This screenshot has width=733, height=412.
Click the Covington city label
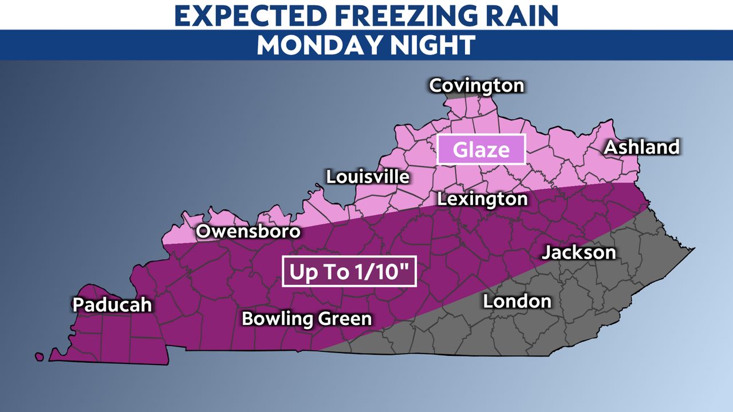click(x=476, y=86)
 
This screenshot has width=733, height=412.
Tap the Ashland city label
click(x=641, y=147)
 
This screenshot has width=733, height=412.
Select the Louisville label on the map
click(x=368, y=177)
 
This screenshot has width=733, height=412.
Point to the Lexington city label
click(x=482, y=199)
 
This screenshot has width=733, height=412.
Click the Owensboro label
click(x=248, y=232)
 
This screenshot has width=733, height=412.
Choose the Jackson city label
click(x=579, y=252)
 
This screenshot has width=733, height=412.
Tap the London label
click(x=517, y=301)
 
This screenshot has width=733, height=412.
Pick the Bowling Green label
click(x=307, y=319)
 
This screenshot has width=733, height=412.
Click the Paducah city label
click(x=112, y=304)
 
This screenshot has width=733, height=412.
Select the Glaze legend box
click(x=481, y=150)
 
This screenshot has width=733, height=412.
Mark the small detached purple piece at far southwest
click(x=39, y=356)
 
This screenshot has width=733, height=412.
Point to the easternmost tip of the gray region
click(x=693, y=249)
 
